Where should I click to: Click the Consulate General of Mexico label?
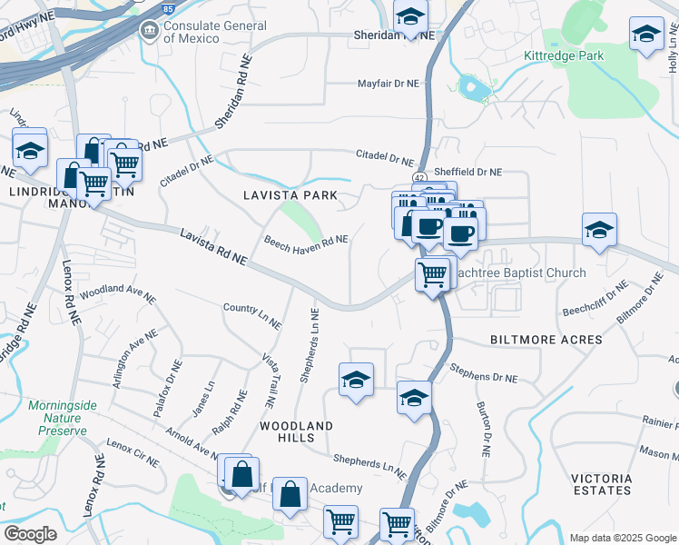[191, 31]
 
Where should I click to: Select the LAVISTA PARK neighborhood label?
[290, 195]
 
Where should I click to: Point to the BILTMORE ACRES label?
[546, 340]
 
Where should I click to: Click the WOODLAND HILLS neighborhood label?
[296, 431]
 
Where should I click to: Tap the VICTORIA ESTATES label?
[601, 484]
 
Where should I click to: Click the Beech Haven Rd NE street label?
[306, 241]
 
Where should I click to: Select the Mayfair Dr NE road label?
[386, 84]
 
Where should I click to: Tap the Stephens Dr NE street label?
[484, 373]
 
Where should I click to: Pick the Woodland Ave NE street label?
[113, 293]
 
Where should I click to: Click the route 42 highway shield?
[418, 177]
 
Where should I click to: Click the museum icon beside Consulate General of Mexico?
[148, 32]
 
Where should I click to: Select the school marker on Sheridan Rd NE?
[411, 16]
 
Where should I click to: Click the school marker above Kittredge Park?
[646, 34]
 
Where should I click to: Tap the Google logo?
[30, 534]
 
